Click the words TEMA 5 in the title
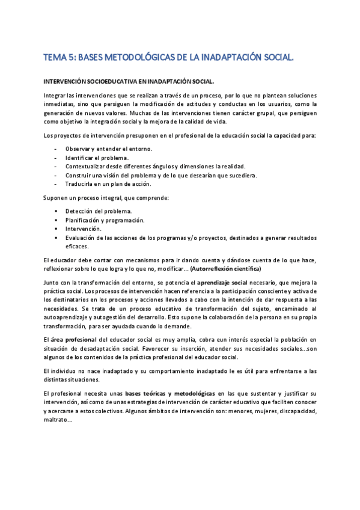point(59,58)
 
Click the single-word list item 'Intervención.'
point(84,229)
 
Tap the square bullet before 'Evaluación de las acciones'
point(56,238)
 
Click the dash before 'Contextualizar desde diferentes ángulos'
point(56,167)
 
